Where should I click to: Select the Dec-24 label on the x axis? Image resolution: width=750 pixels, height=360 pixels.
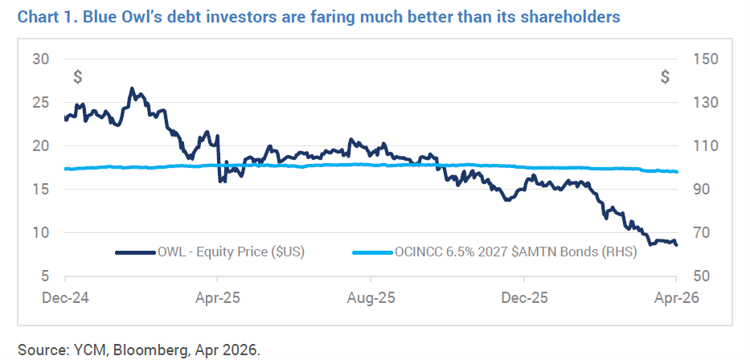point(65,297)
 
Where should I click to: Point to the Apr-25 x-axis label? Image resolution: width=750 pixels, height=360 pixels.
point(218,297)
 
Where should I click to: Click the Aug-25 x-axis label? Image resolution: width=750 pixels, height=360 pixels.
point(371,297)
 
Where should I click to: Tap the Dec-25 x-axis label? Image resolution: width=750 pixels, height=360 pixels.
point(523,297)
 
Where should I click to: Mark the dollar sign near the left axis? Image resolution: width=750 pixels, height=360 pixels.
point(77,77)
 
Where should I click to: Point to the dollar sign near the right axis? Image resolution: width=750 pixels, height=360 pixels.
point(665,77)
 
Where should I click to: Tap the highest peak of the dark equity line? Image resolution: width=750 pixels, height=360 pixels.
point(133,88)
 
